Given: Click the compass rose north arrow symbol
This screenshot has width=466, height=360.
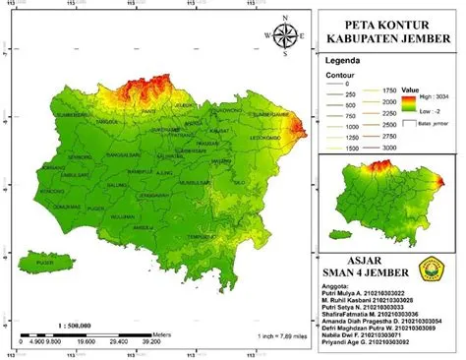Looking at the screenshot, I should pos(286,36).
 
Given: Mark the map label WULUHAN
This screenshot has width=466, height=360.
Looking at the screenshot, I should pos(121,215).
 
